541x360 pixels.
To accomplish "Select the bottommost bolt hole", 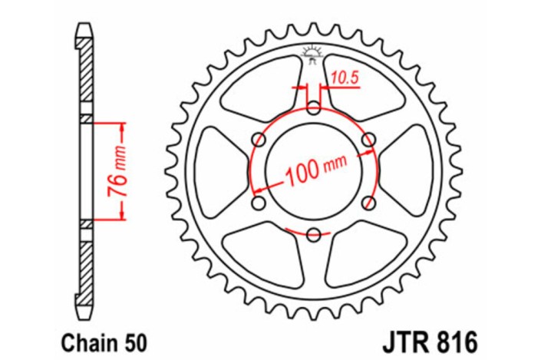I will pyautogui.click(x=313, y=235).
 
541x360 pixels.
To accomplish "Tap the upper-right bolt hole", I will pyautogui.click(x=369, y=139).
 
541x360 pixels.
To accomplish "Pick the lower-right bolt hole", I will pyautogui.click(x=369, y=203).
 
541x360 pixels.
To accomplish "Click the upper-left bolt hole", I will pyautogui.click(x=258, y=139).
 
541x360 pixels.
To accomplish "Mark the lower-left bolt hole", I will pyautogui.click(x=258, y=203).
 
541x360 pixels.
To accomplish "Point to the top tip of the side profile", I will pyautogui.click(x=85, y=28).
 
